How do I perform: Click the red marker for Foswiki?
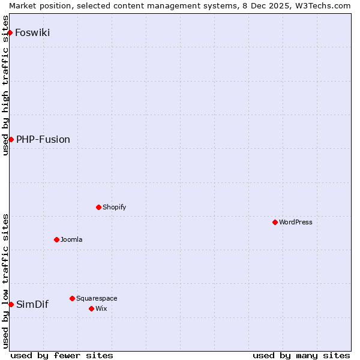point(10,32)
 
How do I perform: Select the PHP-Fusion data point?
point(11,140)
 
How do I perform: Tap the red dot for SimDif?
point(11,304)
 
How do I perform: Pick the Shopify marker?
point(98,207)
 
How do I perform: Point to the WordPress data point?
point(275,222)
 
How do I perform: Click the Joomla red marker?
point(56,239)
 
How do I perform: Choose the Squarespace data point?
point(72,298)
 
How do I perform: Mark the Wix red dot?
point(91,308)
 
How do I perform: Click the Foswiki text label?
point(32,32)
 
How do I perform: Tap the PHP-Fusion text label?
point(43,140)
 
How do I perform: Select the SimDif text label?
point(32,304)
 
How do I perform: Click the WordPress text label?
point(296,222)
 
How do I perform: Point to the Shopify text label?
point(114,207)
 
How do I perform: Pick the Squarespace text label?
point(97,298)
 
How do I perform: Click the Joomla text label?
point(71,239)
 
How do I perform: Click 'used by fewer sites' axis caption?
point(62,355)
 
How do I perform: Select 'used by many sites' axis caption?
point(301,355)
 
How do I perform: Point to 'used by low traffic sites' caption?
point(5,281)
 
